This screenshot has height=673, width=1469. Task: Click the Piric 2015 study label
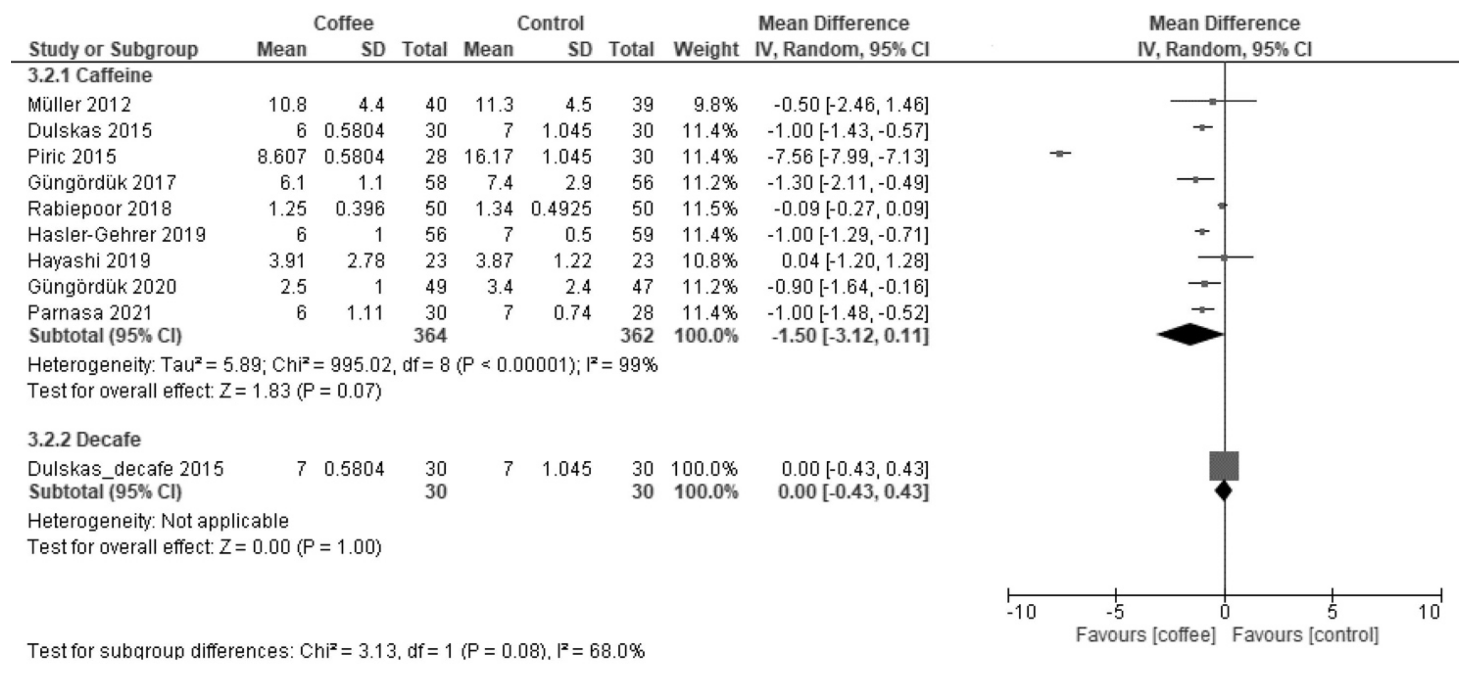[72, 156]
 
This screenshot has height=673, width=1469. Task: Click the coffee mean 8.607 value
[281, 156]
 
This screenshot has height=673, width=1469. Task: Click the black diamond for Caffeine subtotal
[1190, 334]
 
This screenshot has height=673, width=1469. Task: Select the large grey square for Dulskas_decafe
[1224, 466]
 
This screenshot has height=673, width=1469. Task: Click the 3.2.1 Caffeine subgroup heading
[90, 75]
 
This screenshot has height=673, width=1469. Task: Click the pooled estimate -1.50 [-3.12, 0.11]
[850, 335]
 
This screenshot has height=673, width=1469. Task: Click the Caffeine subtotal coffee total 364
[430, 335]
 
